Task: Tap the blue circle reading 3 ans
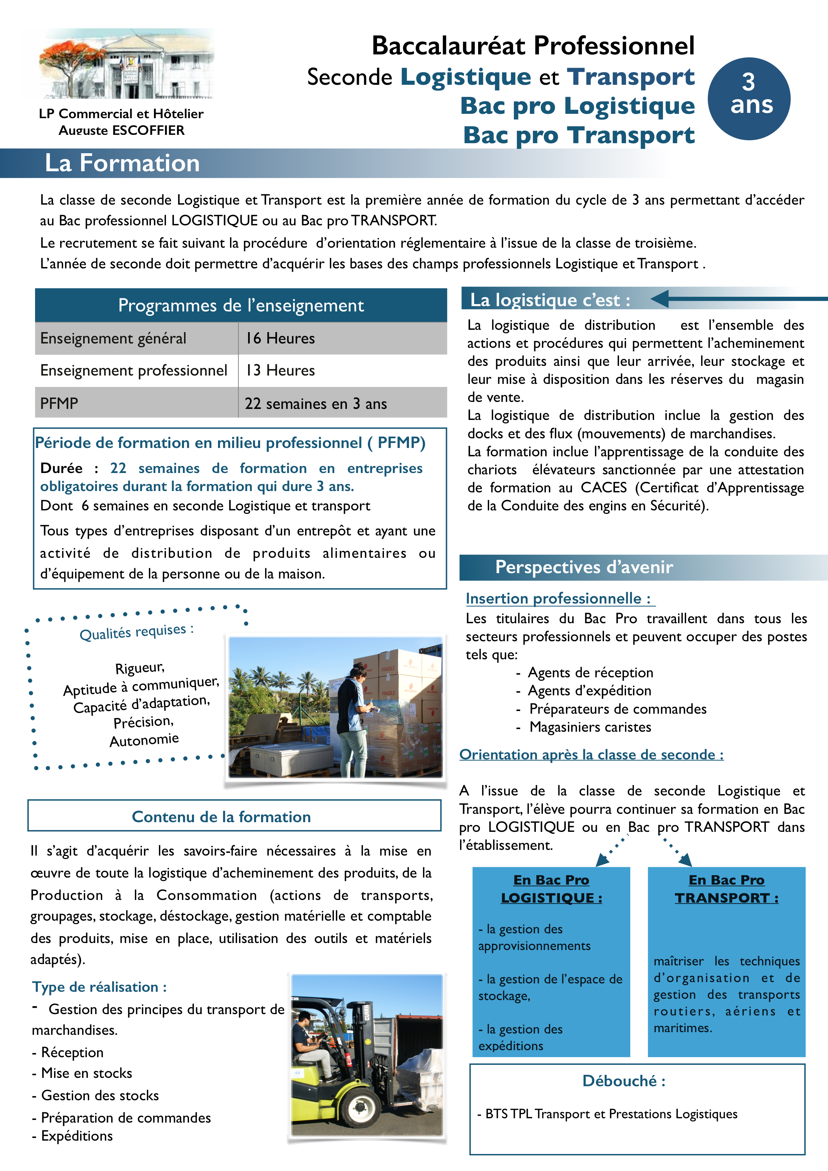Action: pos(749,98)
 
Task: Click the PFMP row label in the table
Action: pos(59,404)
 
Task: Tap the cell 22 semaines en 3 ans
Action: pos(316,404)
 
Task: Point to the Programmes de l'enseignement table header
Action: pos(241,305)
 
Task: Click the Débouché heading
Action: pos(623,1081)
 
